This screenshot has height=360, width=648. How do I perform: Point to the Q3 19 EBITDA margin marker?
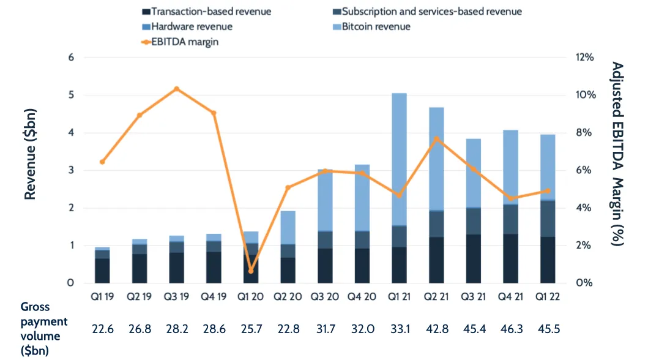[177, 89]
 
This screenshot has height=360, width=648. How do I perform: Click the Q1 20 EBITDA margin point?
[251, 271]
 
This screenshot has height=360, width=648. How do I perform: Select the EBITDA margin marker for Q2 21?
[437, 138]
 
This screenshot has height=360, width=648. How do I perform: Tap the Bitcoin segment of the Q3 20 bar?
[325, 200]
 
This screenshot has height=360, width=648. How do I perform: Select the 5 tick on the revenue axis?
[70, 95]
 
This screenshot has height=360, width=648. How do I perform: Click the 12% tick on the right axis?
[584, 57]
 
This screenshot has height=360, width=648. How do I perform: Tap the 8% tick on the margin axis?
[584, 133]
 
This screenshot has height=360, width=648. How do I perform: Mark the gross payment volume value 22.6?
[102, 329]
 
